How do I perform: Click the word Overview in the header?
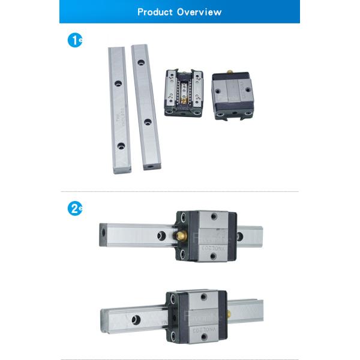point(199,11)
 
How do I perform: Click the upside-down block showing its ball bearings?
point(184,93)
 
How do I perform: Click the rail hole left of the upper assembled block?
point(161,236)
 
